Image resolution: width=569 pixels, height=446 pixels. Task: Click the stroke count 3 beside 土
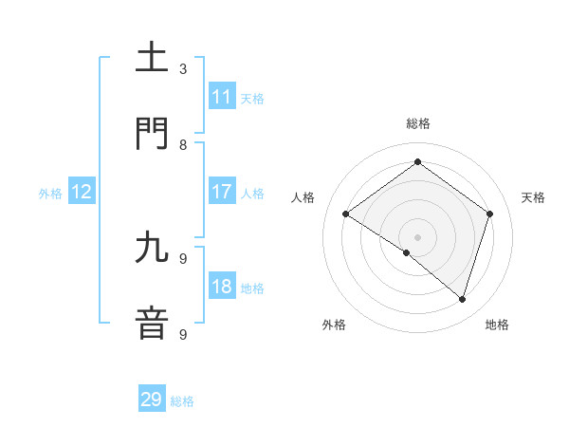click(x=183, y=69)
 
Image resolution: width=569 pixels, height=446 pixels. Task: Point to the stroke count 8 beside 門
click(x=183, y=145)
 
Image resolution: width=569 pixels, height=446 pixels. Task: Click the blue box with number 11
click(x=222, y=97)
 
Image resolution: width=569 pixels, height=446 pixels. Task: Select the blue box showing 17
click(x=222, y=192)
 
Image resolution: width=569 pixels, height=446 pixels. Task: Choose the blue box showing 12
click(x=82, y=193)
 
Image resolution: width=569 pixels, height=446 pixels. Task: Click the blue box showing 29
click(x=152, y=400)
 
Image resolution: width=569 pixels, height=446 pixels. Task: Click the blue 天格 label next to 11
click(x=252, y=98)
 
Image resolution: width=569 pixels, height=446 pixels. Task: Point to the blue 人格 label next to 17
click(x=252, y=193)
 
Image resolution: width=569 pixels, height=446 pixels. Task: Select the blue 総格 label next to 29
click(x=182, y=401)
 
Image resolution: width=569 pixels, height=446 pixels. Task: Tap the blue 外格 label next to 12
click(x=50, y=194)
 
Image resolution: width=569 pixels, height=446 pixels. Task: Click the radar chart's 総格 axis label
click(x=417, y=123)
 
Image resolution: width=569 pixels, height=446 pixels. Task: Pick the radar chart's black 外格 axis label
click(x=334, y=325)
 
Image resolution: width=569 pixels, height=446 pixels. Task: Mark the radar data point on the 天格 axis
click(x=489, y=214)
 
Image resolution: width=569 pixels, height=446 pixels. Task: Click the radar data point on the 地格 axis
click(x=462, y=299)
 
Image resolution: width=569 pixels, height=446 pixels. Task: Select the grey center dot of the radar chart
click(x=417, y=236)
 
